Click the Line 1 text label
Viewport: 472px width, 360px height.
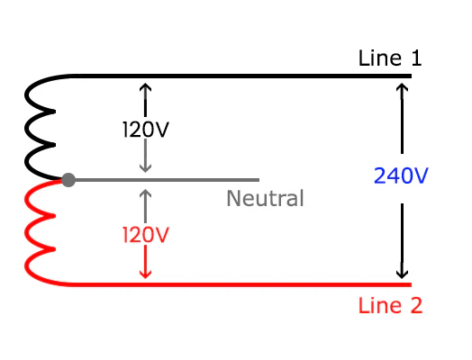coord(389,59)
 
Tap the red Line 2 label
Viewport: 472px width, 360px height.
coord(389,305)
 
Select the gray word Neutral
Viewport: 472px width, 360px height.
coord(265,199)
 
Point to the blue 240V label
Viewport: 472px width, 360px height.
coord(400,176)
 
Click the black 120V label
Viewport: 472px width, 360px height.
coord(146,129)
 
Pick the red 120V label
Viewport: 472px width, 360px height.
coord(146,236)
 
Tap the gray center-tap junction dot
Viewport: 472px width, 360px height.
coord(68,180)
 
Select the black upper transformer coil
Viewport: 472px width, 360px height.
coord(40,127)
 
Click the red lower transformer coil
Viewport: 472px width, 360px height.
coord(41,232)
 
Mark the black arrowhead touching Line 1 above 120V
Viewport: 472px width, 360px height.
coord(147,87)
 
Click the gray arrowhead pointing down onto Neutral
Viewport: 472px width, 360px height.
coord(147,167)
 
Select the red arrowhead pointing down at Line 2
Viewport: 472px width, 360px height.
coord(147,273)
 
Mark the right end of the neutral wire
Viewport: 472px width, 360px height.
coord(258,180)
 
